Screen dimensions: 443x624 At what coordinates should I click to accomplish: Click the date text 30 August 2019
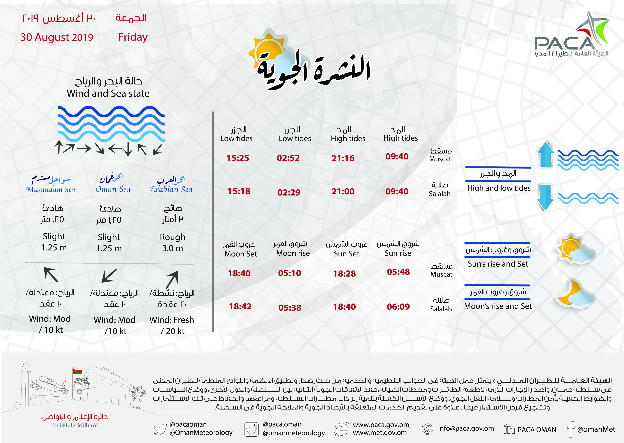(x=57, y=37)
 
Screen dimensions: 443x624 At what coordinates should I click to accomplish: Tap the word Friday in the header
(x=133, y=37)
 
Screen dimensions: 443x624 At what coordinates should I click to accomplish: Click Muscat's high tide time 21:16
(x=343, y=158)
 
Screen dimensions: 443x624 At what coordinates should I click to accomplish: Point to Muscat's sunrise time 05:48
(x=398, y=272)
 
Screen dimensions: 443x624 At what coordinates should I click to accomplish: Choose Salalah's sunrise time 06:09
(x=398, y=307)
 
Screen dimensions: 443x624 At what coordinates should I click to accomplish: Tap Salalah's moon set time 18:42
(x=240, y=306)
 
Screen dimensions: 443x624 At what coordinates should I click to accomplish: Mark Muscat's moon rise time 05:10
(x=289, y=273)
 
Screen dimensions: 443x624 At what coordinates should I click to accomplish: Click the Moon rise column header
(x=293, y=253)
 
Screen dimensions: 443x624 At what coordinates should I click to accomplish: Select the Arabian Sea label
(x=171, y=189)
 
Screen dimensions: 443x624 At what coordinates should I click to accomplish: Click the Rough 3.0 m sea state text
(x=172, y=242)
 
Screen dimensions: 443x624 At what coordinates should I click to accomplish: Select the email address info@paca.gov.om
(x=466, y=428)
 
